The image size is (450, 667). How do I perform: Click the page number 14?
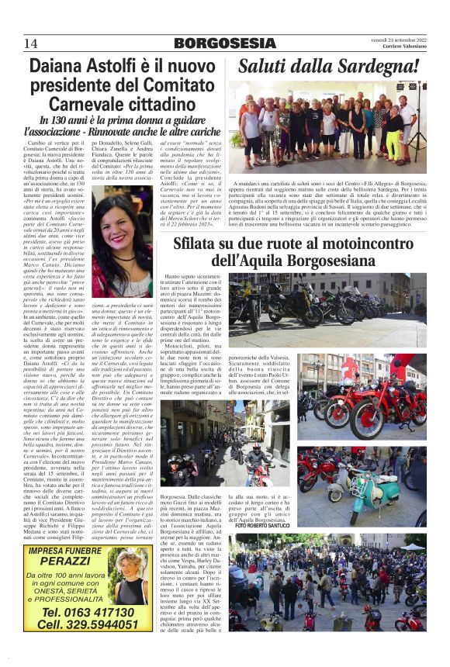tap(31, 43)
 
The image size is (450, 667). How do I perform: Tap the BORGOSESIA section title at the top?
tap(225, 43)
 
